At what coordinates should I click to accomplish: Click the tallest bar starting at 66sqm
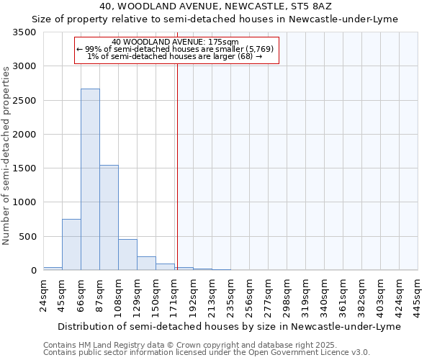point(90,179)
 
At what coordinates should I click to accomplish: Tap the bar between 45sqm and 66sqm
point(71,245)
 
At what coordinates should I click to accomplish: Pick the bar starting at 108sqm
point(127,255)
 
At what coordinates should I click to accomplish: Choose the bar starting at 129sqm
point(146,264)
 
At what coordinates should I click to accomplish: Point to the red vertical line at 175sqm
point(177,166)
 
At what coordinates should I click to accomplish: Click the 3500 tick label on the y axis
point(26,33)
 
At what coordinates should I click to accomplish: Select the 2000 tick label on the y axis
point(26,135)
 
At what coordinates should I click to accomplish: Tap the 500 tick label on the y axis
point(29,237)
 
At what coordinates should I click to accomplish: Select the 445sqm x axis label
point(418,294)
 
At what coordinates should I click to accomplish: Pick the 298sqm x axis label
point(287,294)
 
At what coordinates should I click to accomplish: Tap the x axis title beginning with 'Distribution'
point(228,326)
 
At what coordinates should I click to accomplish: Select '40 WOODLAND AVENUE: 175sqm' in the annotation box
point(176,42)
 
